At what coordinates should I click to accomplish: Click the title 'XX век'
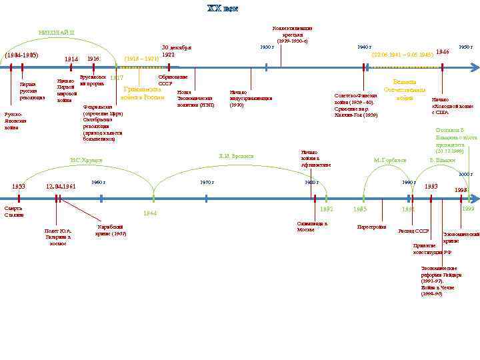coord(222,9)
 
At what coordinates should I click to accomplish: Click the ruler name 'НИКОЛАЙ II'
coord(57,32)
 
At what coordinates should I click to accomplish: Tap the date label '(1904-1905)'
coord(22,55)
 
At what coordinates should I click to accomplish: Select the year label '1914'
coord(71,59)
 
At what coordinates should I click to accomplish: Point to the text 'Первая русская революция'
coord(32,91)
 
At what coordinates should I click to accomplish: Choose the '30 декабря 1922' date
coord(177,51)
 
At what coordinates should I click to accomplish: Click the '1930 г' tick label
coord(267,47)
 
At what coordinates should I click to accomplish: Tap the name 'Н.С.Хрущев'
coord(85,160)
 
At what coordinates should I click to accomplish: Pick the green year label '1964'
coord(149,213)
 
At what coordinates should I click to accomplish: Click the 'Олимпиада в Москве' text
coord(311,227)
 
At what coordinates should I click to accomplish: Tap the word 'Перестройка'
coord(371,227)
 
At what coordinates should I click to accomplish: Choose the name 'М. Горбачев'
coord(390,161)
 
